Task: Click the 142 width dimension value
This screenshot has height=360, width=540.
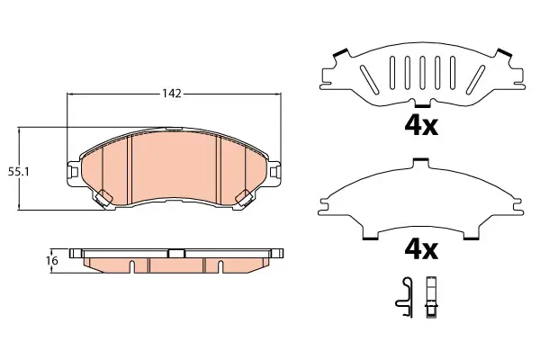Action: coord(172,94)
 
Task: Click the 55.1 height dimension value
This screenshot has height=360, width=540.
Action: coord(19,172)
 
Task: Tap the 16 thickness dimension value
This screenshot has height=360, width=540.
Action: coord(52,261)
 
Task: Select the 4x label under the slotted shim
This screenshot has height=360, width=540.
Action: coord(421,126)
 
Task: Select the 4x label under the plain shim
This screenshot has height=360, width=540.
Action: coord(421,250)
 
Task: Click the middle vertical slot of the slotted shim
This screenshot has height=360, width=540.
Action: coord(422,72)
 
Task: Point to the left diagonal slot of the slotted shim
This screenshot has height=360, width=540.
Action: coord(370,79)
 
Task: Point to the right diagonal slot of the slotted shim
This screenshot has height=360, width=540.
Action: coord(475,79)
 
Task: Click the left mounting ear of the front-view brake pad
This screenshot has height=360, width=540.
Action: coord(72,171)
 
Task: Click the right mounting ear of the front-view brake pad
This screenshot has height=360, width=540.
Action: coord(274,171)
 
